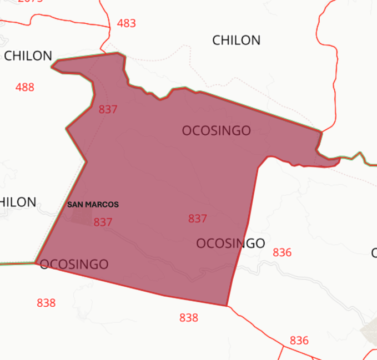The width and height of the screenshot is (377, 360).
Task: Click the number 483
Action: pos(127,23)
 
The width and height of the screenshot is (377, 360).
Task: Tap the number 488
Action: pos(25,87)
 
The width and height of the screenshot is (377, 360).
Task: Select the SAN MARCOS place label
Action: pos(93,204)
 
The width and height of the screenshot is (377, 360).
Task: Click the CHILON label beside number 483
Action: pos(236,40)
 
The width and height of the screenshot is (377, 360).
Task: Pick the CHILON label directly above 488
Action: pos(28,56)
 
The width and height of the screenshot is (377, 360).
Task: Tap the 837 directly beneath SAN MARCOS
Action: pos(103,222)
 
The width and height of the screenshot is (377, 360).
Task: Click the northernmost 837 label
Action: pos(108,109)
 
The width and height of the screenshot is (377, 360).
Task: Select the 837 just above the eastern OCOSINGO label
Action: pos(197,219)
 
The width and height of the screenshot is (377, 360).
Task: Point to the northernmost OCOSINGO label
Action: pos(217,131)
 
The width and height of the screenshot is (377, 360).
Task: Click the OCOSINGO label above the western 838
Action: pos(74,264)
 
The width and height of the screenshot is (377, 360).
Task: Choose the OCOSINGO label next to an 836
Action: pos(230,243)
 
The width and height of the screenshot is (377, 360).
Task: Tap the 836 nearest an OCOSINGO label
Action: pos(282,252)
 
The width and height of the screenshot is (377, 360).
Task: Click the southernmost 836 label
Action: pos(299,341)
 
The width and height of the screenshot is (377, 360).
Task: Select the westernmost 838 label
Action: pos(46,303)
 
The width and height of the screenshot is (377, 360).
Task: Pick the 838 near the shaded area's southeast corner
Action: pos(189,318)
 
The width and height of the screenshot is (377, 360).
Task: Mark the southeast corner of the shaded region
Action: pos(227,305)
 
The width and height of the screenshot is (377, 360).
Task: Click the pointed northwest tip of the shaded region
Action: pos(53,67)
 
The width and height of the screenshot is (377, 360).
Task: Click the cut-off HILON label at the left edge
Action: pos(18,202)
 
